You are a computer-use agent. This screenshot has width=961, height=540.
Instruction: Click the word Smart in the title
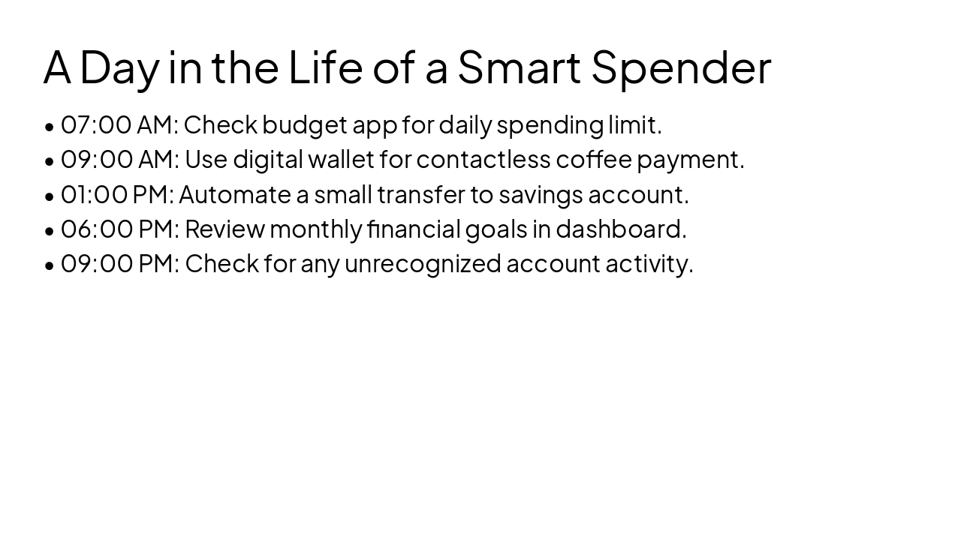point(519,67)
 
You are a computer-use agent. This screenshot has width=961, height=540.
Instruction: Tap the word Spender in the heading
point(681,67)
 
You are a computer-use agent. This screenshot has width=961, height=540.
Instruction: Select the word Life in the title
point(325,67)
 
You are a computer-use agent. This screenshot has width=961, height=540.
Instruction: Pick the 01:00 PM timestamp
point(116,195)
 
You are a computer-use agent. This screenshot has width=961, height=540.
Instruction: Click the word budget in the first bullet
point(304,125)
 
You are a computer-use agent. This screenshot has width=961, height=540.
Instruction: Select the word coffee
point(593,160)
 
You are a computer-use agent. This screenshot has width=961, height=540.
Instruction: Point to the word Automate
point(234,195)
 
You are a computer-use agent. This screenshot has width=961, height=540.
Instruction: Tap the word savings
point(541,195)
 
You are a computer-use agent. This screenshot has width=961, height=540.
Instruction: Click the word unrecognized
point(422,264)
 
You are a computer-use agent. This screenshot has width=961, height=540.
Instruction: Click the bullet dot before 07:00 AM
point(50,127)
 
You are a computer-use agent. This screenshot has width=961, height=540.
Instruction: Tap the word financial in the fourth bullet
point(414,229)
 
